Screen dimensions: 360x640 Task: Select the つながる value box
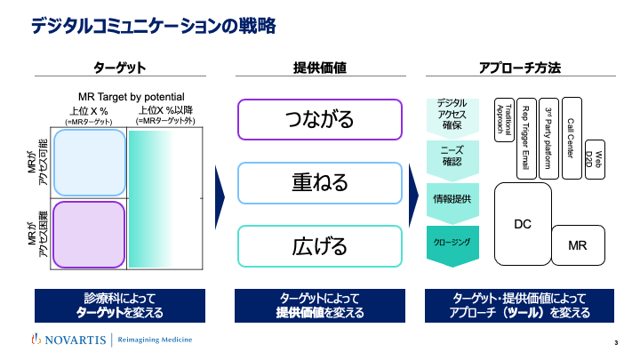pyautogui.click(x=319, y=119)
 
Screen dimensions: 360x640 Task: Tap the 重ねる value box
pyautogui.click(x=319, y=182)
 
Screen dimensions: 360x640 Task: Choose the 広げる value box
pyautogui.click(x=319, y=246)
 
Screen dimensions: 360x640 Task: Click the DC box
pyautogui.click(x=523, y=224)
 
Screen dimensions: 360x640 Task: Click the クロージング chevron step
pyautogui.click(x=454, y=243)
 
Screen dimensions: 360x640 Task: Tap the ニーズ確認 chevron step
pyautogui.click(x=454, y=156)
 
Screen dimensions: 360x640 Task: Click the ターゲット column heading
pyautogui.click(x=119, y=68)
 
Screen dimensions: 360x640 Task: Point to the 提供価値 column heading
pyautogui.click(x=319, y=68)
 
